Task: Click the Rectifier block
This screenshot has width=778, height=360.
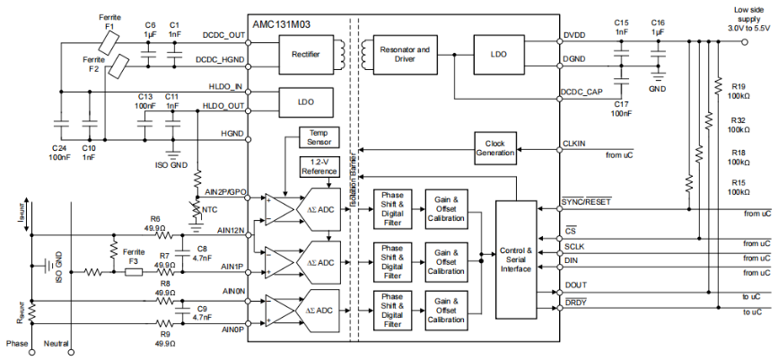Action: (x=306, y=54)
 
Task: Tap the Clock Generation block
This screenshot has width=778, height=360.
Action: (x=496, y=147)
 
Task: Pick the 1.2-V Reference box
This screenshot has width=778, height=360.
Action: (x=319, y=166)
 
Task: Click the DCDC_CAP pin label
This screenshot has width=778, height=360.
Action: (x=581, y=91)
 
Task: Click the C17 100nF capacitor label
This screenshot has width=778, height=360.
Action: (x=621, y=109)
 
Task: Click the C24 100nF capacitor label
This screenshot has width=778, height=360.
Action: (x=59, y=153)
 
